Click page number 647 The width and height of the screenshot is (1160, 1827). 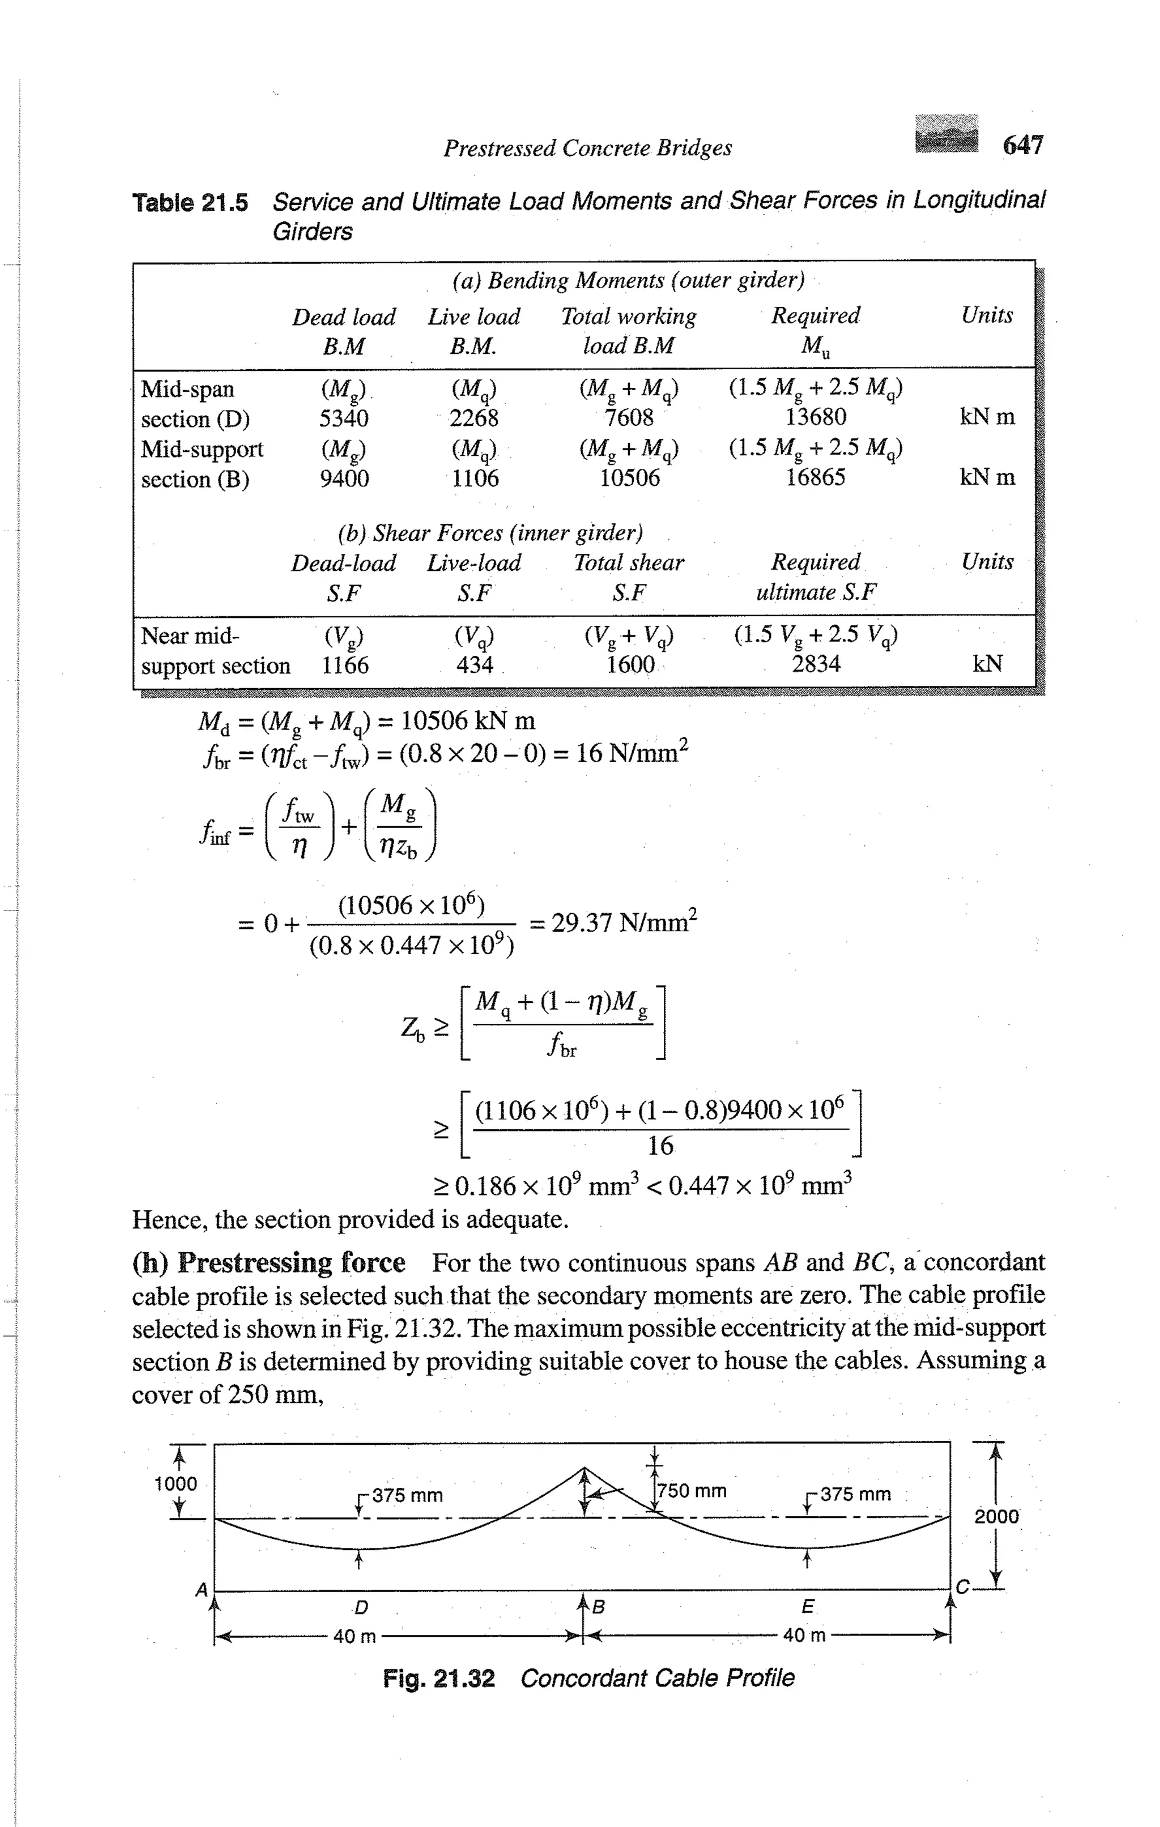(x=1023, y=144)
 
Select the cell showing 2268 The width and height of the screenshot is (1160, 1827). (x=474, y=418)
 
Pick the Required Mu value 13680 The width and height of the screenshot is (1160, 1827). (x=816, y=416)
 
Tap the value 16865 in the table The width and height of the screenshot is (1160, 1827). (x=816, y=477)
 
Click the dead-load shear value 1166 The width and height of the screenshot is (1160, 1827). (x=344, y=665)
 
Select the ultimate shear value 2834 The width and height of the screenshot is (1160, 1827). (x=816, y=664)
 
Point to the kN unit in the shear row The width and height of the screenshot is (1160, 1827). (x=987, y=664)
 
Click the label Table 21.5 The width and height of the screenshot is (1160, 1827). (x=190, y=203)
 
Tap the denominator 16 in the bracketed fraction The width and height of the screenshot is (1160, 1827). (x=660, y=1146)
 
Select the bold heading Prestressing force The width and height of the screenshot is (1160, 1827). (x=291, y=1262)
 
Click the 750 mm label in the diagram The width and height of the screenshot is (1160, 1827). (x=692, y=1491)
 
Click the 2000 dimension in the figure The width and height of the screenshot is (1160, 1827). (x=996, y=1516)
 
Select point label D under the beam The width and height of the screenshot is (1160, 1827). (x=361, y=1607)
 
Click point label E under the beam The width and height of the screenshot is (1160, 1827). (x=807, y=1606)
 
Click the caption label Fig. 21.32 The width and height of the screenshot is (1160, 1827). (x=438, y=1678)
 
